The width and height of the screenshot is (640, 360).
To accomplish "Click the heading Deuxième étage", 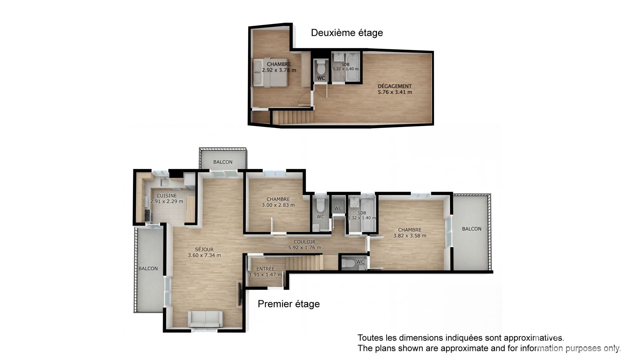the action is (x=347, y=33).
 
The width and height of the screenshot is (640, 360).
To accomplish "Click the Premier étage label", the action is (x=289, y=304).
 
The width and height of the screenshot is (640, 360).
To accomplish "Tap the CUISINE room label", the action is (x=167, y=196).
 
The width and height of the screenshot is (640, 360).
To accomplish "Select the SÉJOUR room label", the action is (x=204, y=249).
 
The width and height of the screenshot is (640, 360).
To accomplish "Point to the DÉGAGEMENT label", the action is (x=395, y=86).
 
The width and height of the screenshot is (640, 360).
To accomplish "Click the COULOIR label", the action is (x=304, y=242).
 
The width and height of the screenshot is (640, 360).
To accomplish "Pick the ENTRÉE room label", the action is (x=266, y=269).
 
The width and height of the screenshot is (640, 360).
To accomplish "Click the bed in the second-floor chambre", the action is (x=270, y=73).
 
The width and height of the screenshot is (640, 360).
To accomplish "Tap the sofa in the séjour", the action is (x=205, y=320).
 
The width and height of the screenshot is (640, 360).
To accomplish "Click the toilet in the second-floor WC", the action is (x=321, y=68).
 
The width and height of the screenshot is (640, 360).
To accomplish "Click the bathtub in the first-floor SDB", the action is (x=368, y=214).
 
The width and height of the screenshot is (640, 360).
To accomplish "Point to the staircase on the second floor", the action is (x=293, y=118).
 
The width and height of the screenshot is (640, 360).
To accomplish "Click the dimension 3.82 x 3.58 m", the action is (x=410, y=236).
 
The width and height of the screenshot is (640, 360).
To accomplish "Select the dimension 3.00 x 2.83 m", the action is (x=278, y=205).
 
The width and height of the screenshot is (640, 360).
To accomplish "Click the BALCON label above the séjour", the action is (x=223, y=162).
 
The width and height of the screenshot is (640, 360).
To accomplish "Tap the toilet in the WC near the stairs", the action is (x=348, y=263).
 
